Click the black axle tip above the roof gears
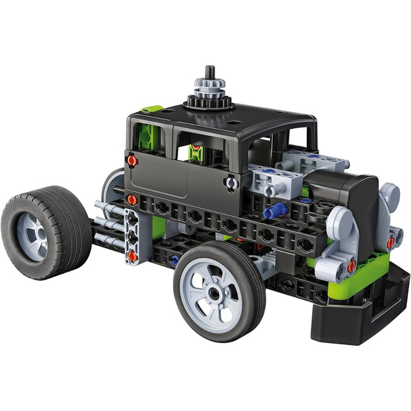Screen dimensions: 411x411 pyautogui.click(x=209, y=72)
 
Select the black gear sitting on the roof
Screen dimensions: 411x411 pyautogui.click(x=208, y=102)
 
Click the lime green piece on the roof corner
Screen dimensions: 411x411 pyautogui.click(x=151, y=108)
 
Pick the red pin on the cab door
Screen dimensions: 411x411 pyautogui.click(x=132, y=161)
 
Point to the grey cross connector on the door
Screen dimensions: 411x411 pyautogui.click(x=231, y=182)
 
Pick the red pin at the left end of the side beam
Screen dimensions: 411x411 pyautogui.click(x=132, y=200)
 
